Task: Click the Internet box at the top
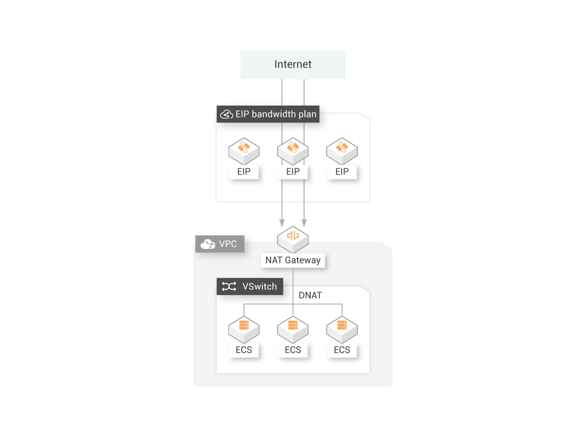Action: click(x=293, y=64)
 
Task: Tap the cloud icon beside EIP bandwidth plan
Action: click(x=226, y=114)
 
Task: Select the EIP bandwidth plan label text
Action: click(x=276, y=114)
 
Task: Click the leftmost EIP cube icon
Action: click(x=244, y=150)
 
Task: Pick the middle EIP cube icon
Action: click(x=293, y=150)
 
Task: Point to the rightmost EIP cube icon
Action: click(x=342, y=150)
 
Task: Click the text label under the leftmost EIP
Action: click(x=244, y=172)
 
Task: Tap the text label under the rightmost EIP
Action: click(x=342, y=172)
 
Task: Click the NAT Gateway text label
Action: click(x=293, y=260)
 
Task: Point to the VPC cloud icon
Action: click(x=208, y=244)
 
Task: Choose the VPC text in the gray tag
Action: click(x=228, y=244)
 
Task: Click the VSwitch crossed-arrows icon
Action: click(x=229, y=286)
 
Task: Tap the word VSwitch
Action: click(x=259, y=286)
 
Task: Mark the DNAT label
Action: click(x=310, y=295)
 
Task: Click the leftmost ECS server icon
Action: click(x=244, y=329)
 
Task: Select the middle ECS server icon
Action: click(x=293, y=329)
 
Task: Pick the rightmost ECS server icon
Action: click(x=342, y=329)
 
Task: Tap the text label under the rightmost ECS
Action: click(x=342, y=350)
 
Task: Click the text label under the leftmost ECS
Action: click(x=244, y=350)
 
